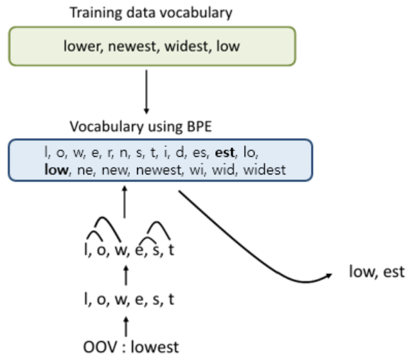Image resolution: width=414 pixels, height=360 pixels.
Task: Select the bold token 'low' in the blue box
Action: pos(56,171)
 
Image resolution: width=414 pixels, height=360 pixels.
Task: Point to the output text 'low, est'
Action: pos(377,271)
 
